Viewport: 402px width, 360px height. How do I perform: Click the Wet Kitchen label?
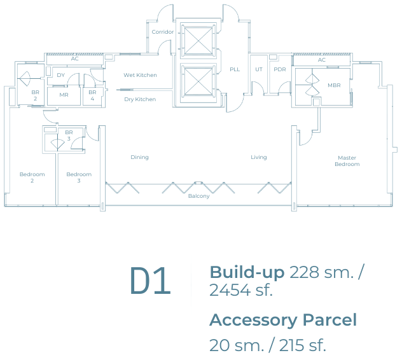coord(140,75)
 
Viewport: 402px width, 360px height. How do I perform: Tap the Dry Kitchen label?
coord(140,99)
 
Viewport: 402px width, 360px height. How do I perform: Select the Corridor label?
coord(163,32)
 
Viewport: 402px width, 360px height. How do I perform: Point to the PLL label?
coord(235,69)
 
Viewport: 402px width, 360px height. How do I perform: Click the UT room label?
coord(259,69)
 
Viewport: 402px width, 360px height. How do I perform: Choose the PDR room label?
coord(280,69)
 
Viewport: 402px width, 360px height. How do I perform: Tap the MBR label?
coord(334,85)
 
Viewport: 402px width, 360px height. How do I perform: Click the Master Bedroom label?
coord(347,161)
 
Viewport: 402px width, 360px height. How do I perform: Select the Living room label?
coord(259,157)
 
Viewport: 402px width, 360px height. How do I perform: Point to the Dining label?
coord(139,157)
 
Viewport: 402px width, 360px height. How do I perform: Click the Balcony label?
coord(198,196)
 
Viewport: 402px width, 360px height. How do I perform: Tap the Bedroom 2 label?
coord(32,177)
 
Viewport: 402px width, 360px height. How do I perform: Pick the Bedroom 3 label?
coord(79,177)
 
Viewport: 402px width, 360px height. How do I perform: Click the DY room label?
coord(61,75)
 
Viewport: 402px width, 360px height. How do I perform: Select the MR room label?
coord(64,95)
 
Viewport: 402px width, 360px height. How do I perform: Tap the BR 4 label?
coord(92,95)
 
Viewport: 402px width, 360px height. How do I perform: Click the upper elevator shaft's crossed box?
coord(198,40)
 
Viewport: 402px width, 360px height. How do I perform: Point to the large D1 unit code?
coord(150,280)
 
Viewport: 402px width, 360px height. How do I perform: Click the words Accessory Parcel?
coord(283,320)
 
